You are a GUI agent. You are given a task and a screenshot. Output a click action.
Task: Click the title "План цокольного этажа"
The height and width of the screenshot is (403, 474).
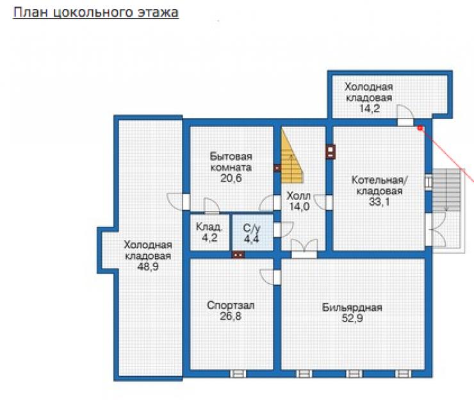(x=96, y=13)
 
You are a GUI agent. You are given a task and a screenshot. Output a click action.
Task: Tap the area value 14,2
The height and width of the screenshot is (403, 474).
(x=370, y=108)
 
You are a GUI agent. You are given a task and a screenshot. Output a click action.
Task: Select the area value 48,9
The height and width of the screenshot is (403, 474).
(x=148, y=267)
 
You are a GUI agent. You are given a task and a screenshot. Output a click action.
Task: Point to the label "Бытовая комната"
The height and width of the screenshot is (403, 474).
(x=231, y=161)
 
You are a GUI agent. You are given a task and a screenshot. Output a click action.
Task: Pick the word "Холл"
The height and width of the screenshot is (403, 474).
(x=298, y=196)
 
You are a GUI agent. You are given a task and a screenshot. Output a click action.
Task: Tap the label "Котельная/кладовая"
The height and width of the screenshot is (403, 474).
(x=379, y=185)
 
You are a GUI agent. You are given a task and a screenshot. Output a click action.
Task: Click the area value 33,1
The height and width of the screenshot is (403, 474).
(x=379, y=202)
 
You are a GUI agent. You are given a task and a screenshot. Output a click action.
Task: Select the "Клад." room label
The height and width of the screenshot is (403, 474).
(x=209, y=227)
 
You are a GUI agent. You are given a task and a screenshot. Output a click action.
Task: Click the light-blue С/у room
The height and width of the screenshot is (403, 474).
(x=253, y=232)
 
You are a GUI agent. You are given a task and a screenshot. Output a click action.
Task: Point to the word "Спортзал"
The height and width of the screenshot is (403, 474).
(x=231, y=305)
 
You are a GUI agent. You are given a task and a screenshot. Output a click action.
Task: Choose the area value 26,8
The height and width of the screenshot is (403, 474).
(x=231, y=317)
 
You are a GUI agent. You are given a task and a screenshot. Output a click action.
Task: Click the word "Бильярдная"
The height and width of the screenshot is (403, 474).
(x=352, y=308)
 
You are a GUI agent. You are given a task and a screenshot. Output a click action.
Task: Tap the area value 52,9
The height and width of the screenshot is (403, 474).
(x=352, y=318)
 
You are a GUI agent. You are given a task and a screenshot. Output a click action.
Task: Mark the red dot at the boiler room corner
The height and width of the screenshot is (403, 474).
(x=420, y=129)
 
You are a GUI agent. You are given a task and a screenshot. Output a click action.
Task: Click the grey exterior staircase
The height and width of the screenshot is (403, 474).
(x=446, y=190)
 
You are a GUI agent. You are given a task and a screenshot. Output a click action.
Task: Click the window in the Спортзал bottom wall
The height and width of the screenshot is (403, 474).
(x=238, y=374)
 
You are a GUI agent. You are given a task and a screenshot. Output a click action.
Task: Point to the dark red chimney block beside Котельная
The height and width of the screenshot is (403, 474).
(x=331, y=152)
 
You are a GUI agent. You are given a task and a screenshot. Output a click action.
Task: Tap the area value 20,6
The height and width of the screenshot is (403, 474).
(x=231, y=178)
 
